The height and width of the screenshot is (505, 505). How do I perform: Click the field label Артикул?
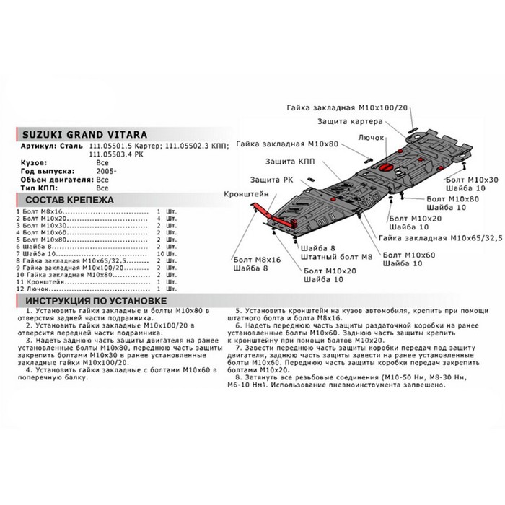[x=32, y=146]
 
